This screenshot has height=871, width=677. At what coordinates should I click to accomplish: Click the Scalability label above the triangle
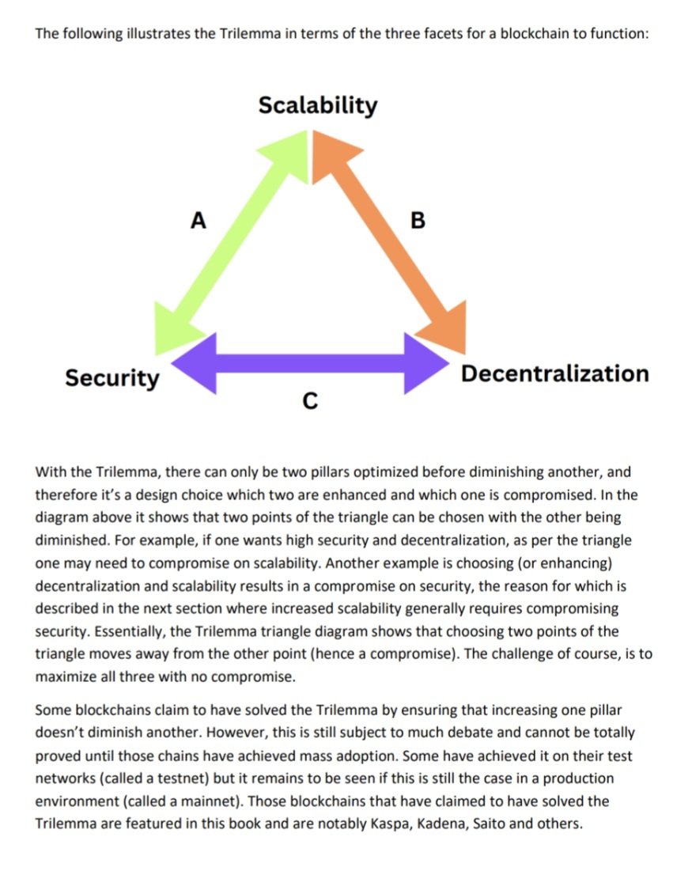pos(318,104)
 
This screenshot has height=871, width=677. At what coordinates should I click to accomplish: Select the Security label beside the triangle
pos(112,377)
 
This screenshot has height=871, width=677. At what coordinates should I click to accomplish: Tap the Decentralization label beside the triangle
pos(554,373)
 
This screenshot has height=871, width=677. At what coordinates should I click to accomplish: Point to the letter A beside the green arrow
pos(199,220)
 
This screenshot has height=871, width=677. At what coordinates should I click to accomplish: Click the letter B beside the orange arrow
pos(418,220)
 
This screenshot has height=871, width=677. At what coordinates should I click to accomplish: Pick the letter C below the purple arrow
pos(310,402)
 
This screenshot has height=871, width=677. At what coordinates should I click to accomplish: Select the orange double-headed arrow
pos(388,237)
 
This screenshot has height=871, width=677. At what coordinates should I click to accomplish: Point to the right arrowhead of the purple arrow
pos(425,363)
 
